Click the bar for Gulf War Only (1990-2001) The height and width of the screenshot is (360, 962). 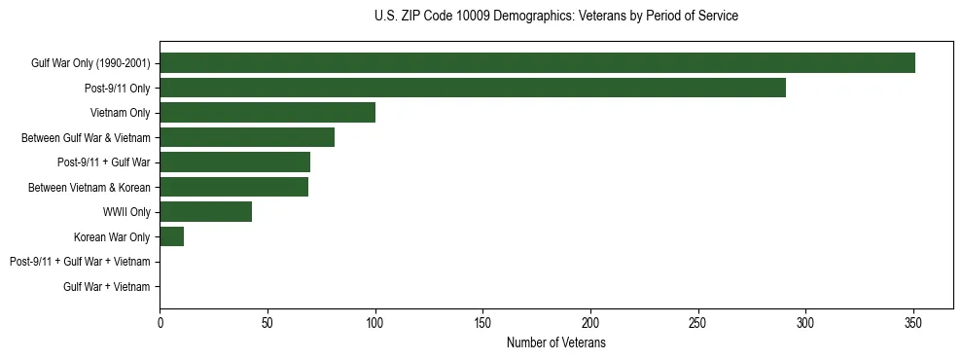click(x=537, y=63)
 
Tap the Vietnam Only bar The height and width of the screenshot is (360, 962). click(x=267, y=113)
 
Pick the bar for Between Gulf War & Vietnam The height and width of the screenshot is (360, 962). click(x=247, y=137)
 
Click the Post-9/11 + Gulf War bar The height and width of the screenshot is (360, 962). click(x=234, y=162)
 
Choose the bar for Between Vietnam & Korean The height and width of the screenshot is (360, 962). click(x=233, y=187)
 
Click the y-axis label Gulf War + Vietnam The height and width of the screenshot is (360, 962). click(x=107, y=287)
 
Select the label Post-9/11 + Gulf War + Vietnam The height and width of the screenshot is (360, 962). click(x=80, y=262)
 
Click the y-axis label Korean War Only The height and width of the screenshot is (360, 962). click(x=112, y=236)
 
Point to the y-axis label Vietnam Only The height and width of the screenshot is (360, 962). click(x=120, y=113)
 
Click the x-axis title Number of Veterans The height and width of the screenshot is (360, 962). click(x=556, y=342)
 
